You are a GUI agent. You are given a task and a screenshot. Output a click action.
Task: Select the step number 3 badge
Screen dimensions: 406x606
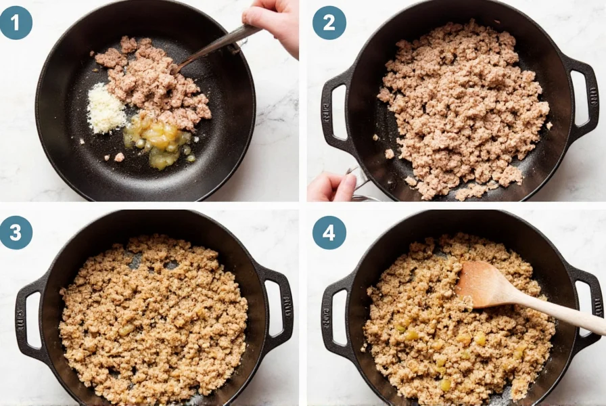point(16,233)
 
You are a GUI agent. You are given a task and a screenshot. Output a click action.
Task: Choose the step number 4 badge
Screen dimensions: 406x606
point(329,233)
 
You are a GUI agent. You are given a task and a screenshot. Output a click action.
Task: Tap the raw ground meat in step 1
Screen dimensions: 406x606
point(152,81)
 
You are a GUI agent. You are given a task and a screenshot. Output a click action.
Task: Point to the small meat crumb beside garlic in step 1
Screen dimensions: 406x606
point(119,157)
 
